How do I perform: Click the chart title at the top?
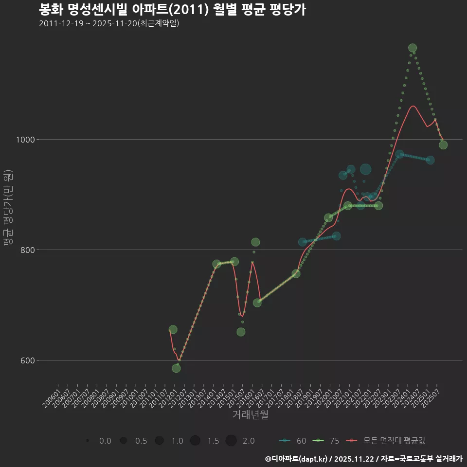pos(172,10)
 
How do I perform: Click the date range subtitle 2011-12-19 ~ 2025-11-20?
pos(109,23)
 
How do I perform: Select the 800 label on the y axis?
pos(26,250)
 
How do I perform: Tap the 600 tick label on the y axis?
pos(26,360)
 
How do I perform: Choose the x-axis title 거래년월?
pos(250,414)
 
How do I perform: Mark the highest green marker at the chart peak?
pos(413,48)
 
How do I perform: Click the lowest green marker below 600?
pos(176,368)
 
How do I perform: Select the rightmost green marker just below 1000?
pos(443,145)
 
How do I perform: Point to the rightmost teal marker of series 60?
pos(430,160)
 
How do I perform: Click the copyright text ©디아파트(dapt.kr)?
pos(296,459)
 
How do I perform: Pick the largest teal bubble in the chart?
pos(365,169)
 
